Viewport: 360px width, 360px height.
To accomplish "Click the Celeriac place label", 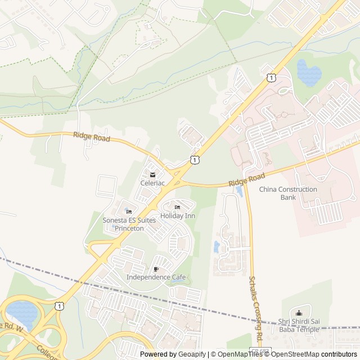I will (152, 183).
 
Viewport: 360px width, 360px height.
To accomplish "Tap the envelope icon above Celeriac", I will (152, 175).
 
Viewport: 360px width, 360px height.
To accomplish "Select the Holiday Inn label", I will (178, 216).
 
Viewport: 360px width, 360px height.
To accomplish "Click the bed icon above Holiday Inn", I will (178, 208).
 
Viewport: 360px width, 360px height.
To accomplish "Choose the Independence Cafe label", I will (156, 277).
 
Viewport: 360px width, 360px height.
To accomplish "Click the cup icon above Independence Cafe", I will (156, 269).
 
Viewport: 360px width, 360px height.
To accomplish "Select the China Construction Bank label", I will (288, 193).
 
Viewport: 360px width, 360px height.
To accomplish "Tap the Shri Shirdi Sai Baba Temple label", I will (299, 325).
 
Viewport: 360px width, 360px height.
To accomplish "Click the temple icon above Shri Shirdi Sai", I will (299, 313).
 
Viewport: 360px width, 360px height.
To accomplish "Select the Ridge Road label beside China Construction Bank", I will (246, 181).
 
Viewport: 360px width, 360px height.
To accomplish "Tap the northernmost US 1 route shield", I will (272, 78).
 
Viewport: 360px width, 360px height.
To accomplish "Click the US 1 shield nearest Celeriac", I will (194, 160).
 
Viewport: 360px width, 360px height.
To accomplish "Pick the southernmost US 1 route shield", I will (59, 305).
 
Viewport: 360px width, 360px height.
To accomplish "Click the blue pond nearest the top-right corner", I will (308, 71).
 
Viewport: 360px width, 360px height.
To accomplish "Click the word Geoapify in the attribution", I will (193, 354).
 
